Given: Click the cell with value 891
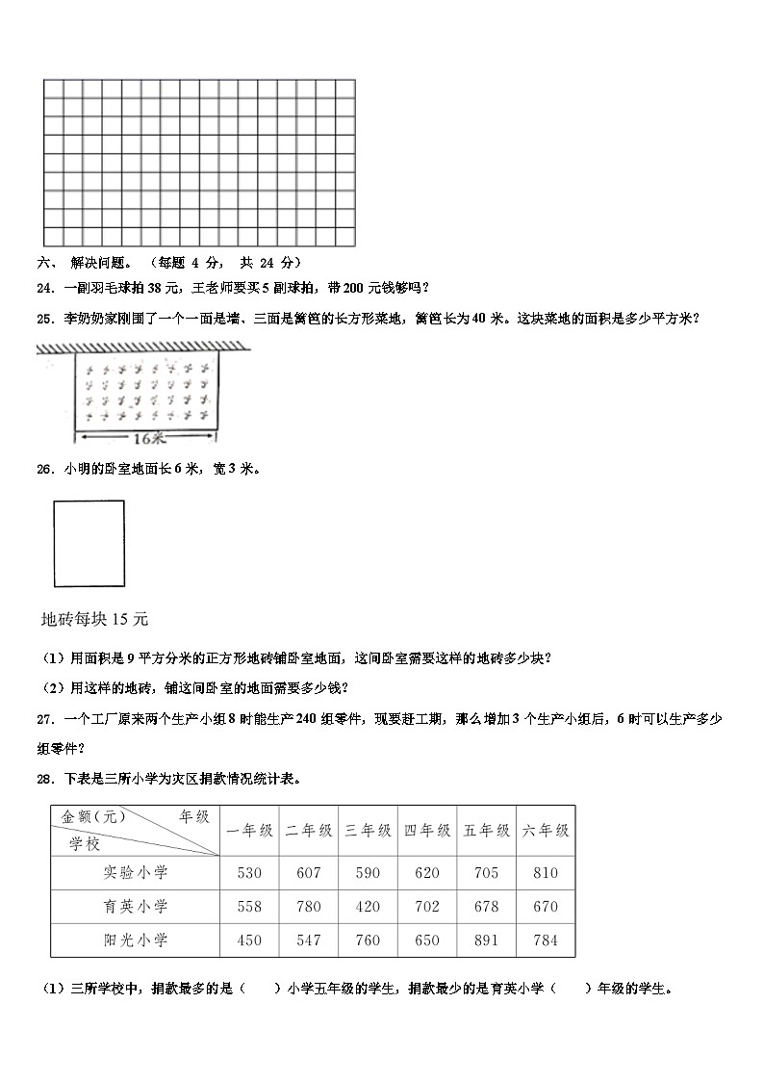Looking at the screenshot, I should (486, 940).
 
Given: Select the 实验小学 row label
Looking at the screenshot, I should (136, 872).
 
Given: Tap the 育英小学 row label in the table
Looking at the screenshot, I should (136, 906).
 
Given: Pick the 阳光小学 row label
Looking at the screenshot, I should (136, 940).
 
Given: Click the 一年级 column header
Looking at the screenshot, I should (249, 830).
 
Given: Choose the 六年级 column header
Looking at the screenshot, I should (545, 830).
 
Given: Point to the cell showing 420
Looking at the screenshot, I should (368, 906).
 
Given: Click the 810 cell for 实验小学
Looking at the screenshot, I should (545, 872).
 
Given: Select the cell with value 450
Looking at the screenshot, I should (249, 940).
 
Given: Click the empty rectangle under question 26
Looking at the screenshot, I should (89, 543).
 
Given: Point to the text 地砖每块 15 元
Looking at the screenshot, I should (95, 618).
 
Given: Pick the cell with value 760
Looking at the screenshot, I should (368, 940).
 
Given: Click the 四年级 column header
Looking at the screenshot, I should (427, 830).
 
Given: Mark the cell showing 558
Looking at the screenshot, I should (249, 906).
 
